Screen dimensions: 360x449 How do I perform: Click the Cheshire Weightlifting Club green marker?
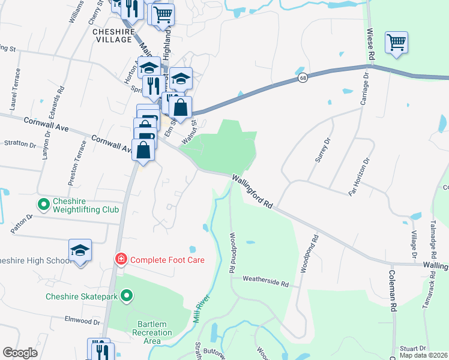43,205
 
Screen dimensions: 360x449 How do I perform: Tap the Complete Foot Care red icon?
121,260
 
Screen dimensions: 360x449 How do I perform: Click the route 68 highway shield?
304,79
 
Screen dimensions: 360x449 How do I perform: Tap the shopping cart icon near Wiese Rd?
396,43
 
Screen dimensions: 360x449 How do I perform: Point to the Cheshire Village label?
113,35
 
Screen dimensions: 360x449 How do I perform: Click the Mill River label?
201,307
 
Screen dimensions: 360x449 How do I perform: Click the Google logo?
20,353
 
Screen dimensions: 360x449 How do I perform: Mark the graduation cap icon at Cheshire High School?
80,250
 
